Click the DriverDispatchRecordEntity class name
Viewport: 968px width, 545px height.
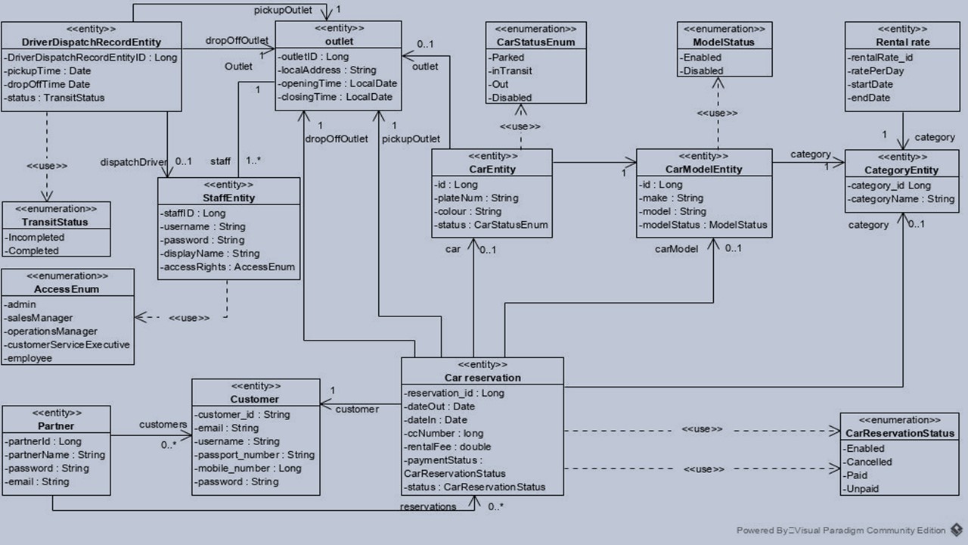pos(92,42)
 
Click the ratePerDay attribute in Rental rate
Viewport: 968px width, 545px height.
pos(876,71)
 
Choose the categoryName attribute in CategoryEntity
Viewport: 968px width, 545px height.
pos(901,199)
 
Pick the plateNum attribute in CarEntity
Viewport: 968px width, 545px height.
pos(476,198)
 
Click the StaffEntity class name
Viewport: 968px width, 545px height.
pos(228,198)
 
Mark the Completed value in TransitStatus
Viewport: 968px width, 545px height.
pos(32,251)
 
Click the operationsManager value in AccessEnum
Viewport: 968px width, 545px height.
pos(51,332)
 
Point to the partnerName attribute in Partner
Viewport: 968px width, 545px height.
pos(55,455)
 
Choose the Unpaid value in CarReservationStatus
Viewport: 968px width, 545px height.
pos(861,489)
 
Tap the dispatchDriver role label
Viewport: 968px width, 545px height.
pos(134,162)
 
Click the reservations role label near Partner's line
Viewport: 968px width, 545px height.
pos(428,506)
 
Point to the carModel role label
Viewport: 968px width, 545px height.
pos(676,249)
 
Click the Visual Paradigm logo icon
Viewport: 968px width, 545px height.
pos(956,531)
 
